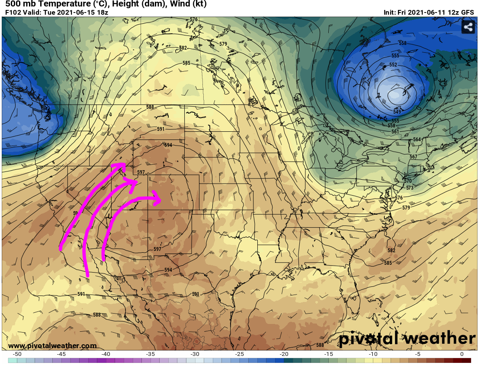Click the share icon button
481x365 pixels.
(x=468, y=27)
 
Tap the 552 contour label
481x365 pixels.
(x=393, y=65)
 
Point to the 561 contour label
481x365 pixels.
(x=395, y=131)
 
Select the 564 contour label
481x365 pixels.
(x=417, y=139)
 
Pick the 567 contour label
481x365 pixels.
(x=413, y=157)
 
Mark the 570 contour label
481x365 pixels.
(x=407, y=181)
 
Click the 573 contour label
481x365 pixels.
(x=410, y=188)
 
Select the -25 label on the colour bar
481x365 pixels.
(x=239, y=354)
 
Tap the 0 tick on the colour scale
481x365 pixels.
(x=462, y=354)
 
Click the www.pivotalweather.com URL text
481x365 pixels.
(x=52, y=346)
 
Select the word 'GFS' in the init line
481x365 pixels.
(x=467, y=13)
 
